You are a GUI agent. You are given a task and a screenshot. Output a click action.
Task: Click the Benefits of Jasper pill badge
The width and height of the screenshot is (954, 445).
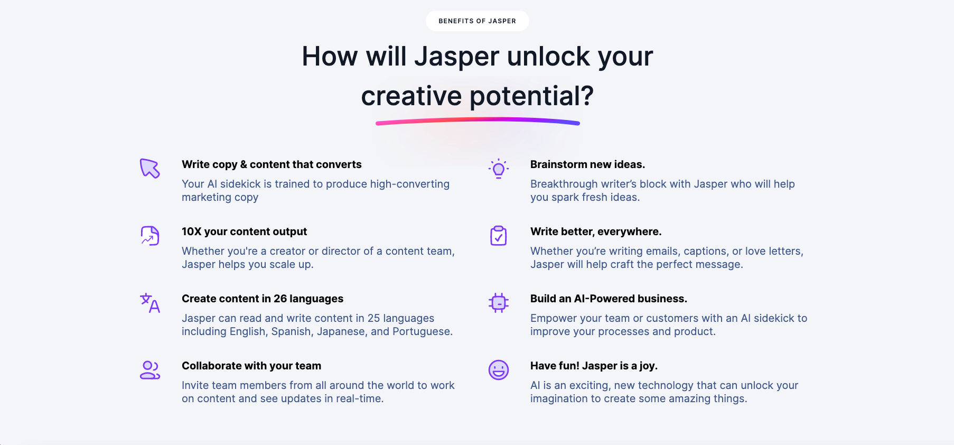[477, 21]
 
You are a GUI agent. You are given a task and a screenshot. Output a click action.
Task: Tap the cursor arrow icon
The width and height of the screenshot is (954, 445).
[149, 169]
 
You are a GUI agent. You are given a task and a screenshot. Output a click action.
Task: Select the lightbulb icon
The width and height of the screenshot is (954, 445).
[499, 169]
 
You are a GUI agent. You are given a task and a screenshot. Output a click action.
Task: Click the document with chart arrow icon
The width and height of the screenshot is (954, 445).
[150, 236]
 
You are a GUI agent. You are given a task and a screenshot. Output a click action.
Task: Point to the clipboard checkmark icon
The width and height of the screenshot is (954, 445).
[499, 236]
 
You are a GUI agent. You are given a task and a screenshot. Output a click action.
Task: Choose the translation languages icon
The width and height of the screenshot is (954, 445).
[150, 303]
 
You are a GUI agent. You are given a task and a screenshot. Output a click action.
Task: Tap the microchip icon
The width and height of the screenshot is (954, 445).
[499, 303]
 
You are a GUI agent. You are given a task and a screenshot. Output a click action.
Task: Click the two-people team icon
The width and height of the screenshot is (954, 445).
[150, 370]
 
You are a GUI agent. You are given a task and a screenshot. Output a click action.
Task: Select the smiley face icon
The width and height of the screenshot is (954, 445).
[499, 370]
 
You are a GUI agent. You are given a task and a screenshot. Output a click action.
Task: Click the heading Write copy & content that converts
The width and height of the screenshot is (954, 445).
[272, 164]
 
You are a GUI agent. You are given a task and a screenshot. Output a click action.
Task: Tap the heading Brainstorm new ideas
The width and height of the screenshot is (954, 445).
[587, 164]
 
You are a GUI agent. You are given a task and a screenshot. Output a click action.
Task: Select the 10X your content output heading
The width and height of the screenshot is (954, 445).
[244, 231]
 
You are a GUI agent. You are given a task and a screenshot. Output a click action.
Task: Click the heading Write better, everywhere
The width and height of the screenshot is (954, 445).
[596, 231]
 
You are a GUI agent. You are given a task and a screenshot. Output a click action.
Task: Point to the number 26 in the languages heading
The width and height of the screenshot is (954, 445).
[280, 299]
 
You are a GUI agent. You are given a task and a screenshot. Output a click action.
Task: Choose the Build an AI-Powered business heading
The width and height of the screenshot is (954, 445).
[609, 299]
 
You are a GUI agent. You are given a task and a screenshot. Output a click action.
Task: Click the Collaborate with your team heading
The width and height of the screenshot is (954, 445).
[251, 366]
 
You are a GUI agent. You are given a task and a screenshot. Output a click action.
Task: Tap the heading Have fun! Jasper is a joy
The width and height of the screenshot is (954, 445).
[594, 366]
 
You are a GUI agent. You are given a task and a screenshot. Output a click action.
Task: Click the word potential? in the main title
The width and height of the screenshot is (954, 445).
[531, 97]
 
